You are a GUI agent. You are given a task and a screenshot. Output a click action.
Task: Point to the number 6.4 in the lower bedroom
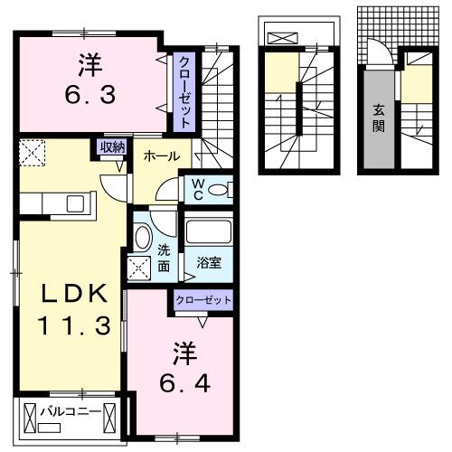pyautogui.click(x=186, y=383)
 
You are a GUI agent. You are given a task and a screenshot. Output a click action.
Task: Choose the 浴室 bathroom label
pyautogui.click(x=210, y=263)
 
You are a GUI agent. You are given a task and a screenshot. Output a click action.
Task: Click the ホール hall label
pyautogui.click(x=161, y=155)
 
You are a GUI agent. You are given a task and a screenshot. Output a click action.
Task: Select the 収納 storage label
pyautogui.click(x=112, y=147)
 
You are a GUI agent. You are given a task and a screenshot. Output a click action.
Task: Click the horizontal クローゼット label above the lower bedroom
pyautogui.click(x=203, y=300)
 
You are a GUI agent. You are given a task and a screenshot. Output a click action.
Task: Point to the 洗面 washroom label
pyautogui.click(x=164, y=258)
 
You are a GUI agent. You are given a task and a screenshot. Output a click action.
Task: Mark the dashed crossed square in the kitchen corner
pyautogui.click(x=33, y=153)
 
